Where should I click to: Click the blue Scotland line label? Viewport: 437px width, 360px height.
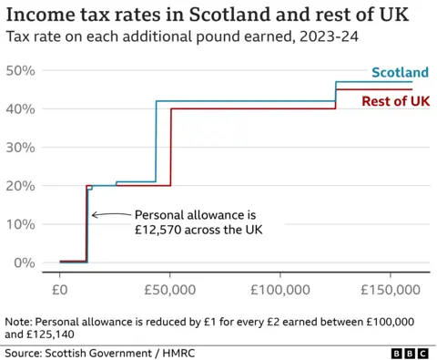[x=401, y=72]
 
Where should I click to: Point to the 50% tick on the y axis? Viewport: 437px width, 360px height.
[x=19, y=70]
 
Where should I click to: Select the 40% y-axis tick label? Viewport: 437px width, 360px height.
[x=19, y=108]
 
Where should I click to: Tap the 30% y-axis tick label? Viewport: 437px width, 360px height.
[x=19, y=147]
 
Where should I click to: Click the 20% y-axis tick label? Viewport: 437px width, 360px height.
[x=19, y=186]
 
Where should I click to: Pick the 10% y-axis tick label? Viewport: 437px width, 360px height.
[x=19, y=224]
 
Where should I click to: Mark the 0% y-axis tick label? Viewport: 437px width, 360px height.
[x=23, y=262]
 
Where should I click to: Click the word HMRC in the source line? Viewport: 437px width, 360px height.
[x=177, y=352]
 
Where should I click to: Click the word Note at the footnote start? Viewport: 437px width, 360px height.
[x=18, y=321]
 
